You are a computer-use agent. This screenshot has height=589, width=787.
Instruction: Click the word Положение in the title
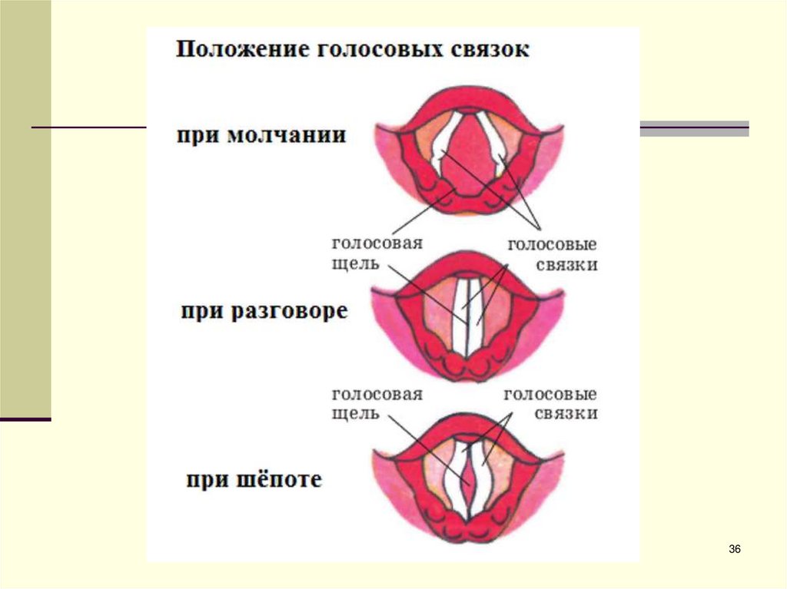tap(230, 51)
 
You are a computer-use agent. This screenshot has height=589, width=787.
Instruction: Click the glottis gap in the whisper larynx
tap(468, 480)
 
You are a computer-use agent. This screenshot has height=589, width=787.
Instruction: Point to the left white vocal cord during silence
tap(444, 143)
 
